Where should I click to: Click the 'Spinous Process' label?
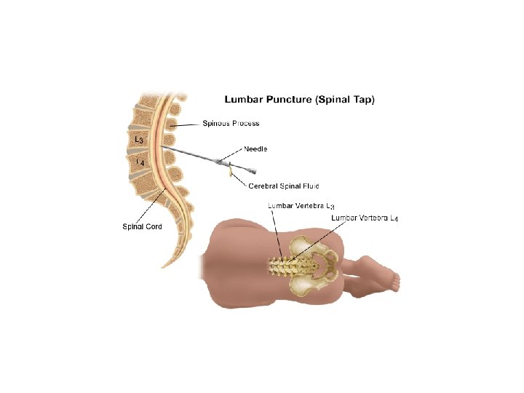(x=231, y=124)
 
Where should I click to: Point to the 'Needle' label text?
(x=255, y=149)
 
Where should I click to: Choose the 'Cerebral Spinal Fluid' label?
(x=283, y=186)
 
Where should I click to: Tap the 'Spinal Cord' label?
(x=142, y=226)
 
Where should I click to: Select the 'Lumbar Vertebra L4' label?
(x=364, y=218)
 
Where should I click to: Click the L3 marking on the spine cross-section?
(x=138, y=139)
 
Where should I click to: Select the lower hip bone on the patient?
(x=309, y=285)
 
